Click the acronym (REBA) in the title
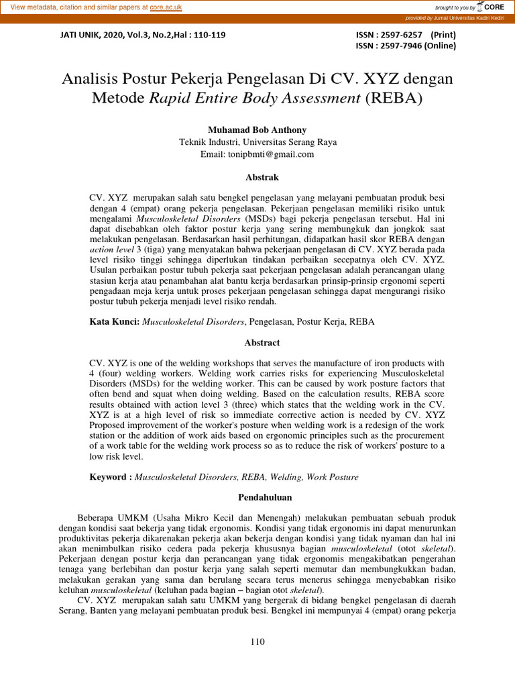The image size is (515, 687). point(396,98)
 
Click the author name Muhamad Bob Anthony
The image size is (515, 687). point(257,129)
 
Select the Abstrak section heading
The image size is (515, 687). point(257,178)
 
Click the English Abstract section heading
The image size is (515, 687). point(257,342)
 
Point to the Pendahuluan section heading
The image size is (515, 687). point(257,497)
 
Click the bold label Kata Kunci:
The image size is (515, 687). point(115,322)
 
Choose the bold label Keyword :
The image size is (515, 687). point(110,477)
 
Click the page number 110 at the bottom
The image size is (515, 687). point(257,641)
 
